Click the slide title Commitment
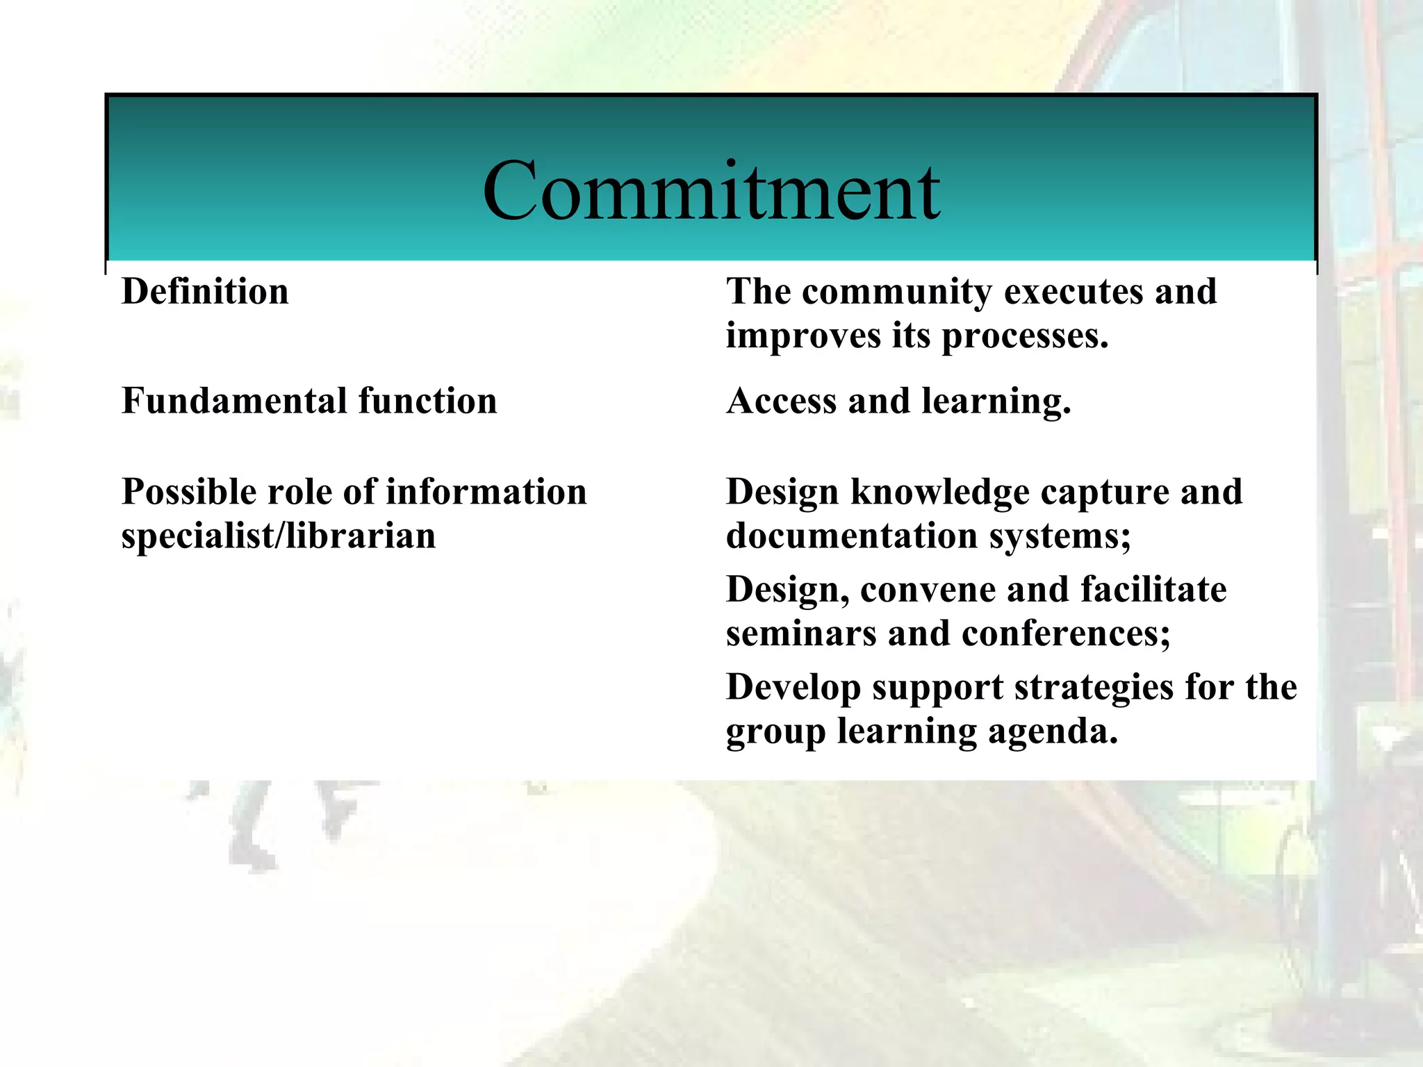[711, 190]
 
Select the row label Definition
[205, 292]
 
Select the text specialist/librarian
[279, 536]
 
